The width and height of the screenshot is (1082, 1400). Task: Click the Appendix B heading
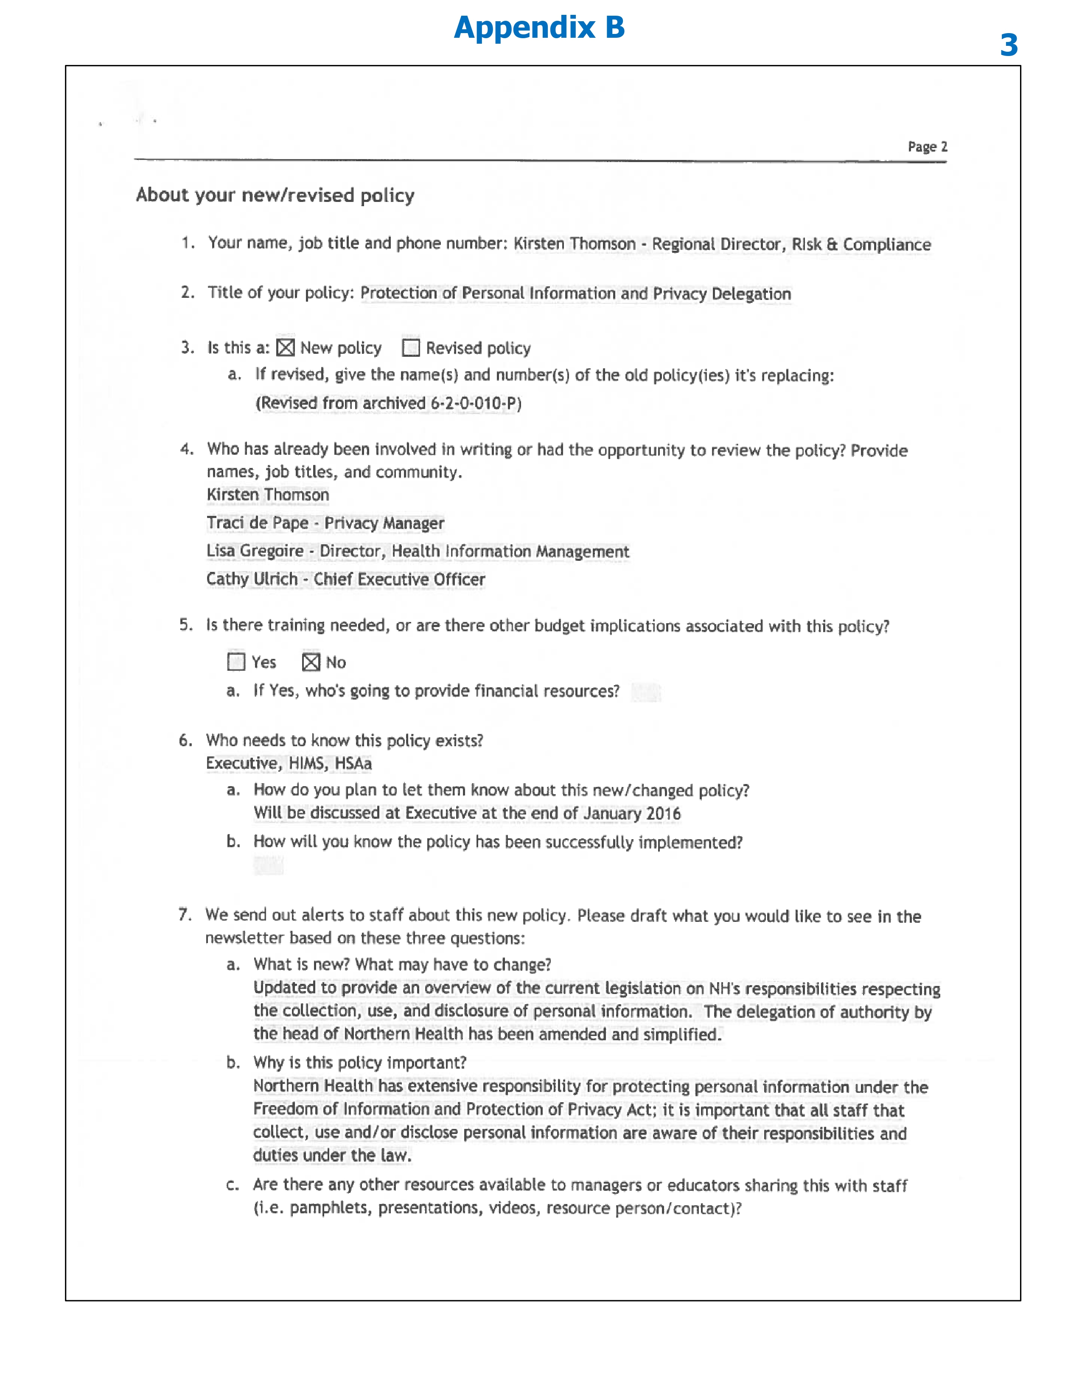click(x=539, y=28)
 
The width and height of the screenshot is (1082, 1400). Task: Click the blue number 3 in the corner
click(x=1008, y=45)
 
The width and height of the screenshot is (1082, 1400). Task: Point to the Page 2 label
click(x=927, y=147)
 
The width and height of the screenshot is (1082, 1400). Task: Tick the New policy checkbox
click(x=285, y=347)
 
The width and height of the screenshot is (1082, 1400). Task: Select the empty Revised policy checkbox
click(x=411, y=347)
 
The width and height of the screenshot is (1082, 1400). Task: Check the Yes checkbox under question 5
click(x=236, y=661)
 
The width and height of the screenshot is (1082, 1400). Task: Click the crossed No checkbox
click(x=311, y=661)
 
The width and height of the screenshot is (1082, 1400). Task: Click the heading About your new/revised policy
click(x=275, y=195)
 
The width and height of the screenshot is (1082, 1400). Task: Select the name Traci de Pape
click(x=257, y=523)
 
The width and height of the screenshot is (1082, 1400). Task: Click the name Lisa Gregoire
click(x=255, y=551)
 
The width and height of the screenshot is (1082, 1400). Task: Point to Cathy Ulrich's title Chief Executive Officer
click(x=399, y=580)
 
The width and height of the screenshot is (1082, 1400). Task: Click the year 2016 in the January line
click(x=664, y=813)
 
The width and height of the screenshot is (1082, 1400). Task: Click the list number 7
click(x=185, y=915)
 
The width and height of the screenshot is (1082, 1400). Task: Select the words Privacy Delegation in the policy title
click(x=722, y=294)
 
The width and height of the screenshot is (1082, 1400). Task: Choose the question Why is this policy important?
click(x=359, y=1063)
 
